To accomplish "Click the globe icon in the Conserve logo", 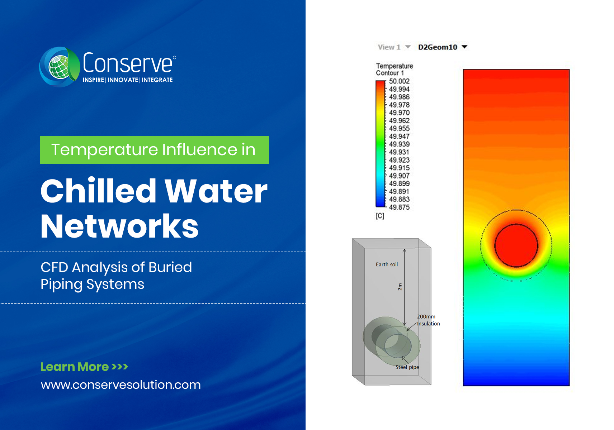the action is coord(58,67).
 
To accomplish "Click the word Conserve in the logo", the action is coord(128,63).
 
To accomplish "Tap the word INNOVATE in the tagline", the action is coord(123,80).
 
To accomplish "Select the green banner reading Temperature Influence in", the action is coord(154,150).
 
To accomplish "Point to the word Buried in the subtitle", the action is coord(170,267).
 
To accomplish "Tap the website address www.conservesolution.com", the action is coord(121,385).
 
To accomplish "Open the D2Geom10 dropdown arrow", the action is coord(464,47).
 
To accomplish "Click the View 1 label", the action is coord(389,47).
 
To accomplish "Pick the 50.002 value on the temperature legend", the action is coord(399,81).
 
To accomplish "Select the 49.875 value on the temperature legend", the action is coord(399,207).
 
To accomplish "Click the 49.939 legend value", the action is coord(399,144).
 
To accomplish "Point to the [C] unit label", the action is coord(380,216).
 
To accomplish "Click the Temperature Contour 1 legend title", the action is coord(394,69).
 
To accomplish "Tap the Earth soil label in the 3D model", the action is coord(387,264).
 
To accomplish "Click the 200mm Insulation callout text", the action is coord(428,320).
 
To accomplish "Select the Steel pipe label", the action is coord(407,367).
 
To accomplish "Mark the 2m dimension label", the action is coord(400,287).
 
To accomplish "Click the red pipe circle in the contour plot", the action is coord(516,245).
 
